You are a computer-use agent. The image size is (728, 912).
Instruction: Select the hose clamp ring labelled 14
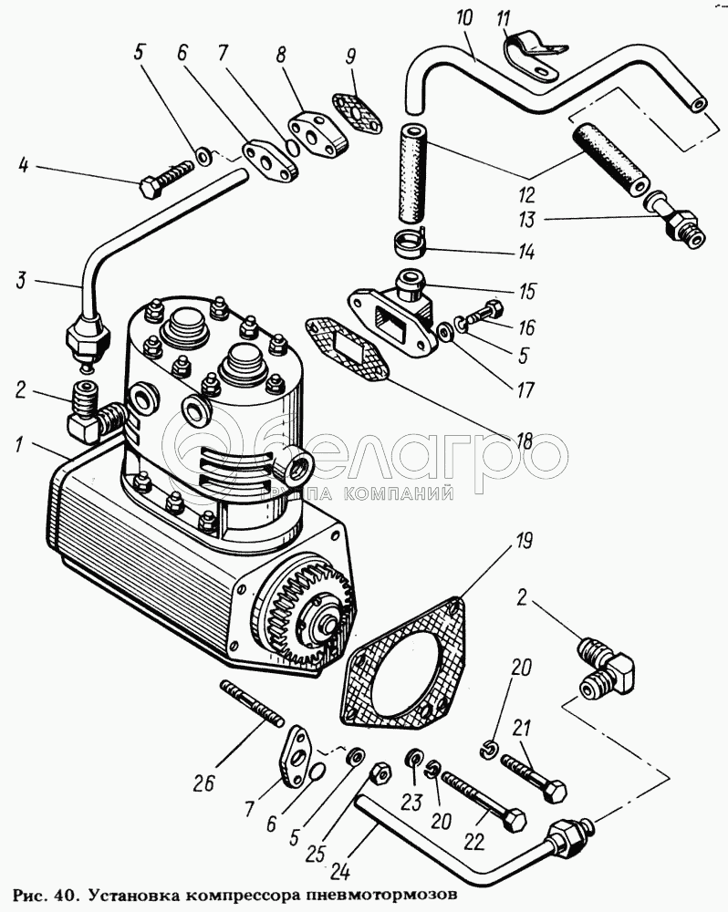(411, 244)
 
